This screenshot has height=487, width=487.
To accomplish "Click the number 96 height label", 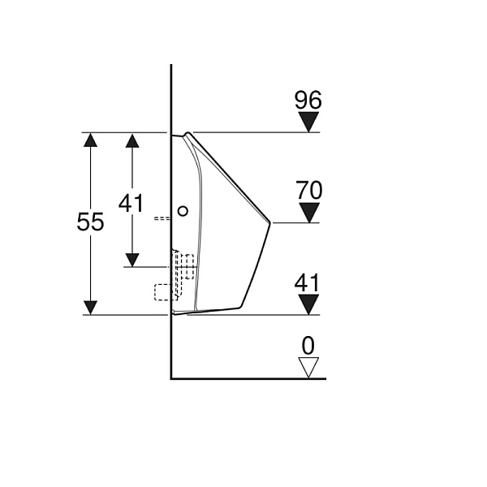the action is [x=308, y=100].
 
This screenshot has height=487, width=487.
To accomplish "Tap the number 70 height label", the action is [x=309, y=190].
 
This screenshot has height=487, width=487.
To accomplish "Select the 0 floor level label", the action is [x=308, y=346].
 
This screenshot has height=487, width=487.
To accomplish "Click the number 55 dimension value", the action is [x=90, y=222].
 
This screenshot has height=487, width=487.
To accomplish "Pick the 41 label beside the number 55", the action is [x=131, y=204].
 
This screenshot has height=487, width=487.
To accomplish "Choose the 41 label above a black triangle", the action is [x=307, y=282].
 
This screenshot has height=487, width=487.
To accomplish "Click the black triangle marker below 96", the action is [x=308, y=122].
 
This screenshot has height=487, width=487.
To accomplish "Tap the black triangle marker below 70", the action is [x=309, y=213].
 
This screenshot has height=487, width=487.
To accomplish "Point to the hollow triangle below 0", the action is [x=308, y=368].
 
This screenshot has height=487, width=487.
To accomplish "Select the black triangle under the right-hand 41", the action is [x=308, y=304].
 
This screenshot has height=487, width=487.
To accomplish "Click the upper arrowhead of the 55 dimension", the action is [x=90, y=140].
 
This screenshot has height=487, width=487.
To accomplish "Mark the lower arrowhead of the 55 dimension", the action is [x=90, y=308].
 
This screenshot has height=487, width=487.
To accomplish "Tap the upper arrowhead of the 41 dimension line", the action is [x=132, y=140].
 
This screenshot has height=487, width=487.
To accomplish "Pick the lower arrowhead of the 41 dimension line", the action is [x=132, y=260].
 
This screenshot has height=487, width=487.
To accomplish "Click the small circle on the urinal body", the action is [x=183, y=211].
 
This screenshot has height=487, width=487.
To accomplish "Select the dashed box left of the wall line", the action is [x=163, y=292].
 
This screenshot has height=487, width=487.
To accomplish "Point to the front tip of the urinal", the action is [x=270, y=222].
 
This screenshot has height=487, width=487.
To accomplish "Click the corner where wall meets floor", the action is [x=171, y=378].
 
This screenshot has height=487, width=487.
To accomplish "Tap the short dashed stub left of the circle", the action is [x=162, y=218].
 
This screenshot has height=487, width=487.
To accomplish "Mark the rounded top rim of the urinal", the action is [x=187, y=134].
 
